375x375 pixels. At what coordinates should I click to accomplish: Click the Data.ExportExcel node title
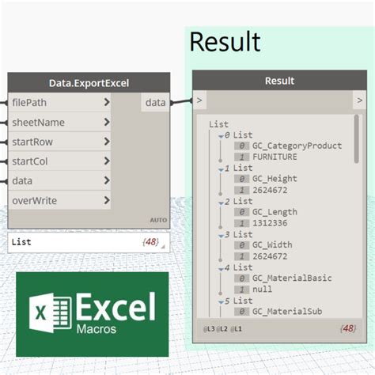[89, 82]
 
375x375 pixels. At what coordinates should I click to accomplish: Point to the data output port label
[155, 102]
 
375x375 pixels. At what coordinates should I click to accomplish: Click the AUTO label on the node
[158, 220]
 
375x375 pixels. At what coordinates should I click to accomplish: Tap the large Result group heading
[225, 41]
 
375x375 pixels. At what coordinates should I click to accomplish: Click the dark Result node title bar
[278, 81]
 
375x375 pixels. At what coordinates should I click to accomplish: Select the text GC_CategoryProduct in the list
[297, 146]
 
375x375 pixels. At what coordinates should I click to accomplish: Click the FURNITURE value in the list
[275, 157]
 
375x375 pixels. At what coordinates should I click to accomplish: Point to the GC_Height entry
[275, 179]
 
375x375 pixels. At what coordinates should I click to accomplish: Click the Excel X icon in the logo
[44, 312]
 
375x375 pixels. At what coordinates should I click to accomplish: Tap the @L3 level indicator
[209, 328]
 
